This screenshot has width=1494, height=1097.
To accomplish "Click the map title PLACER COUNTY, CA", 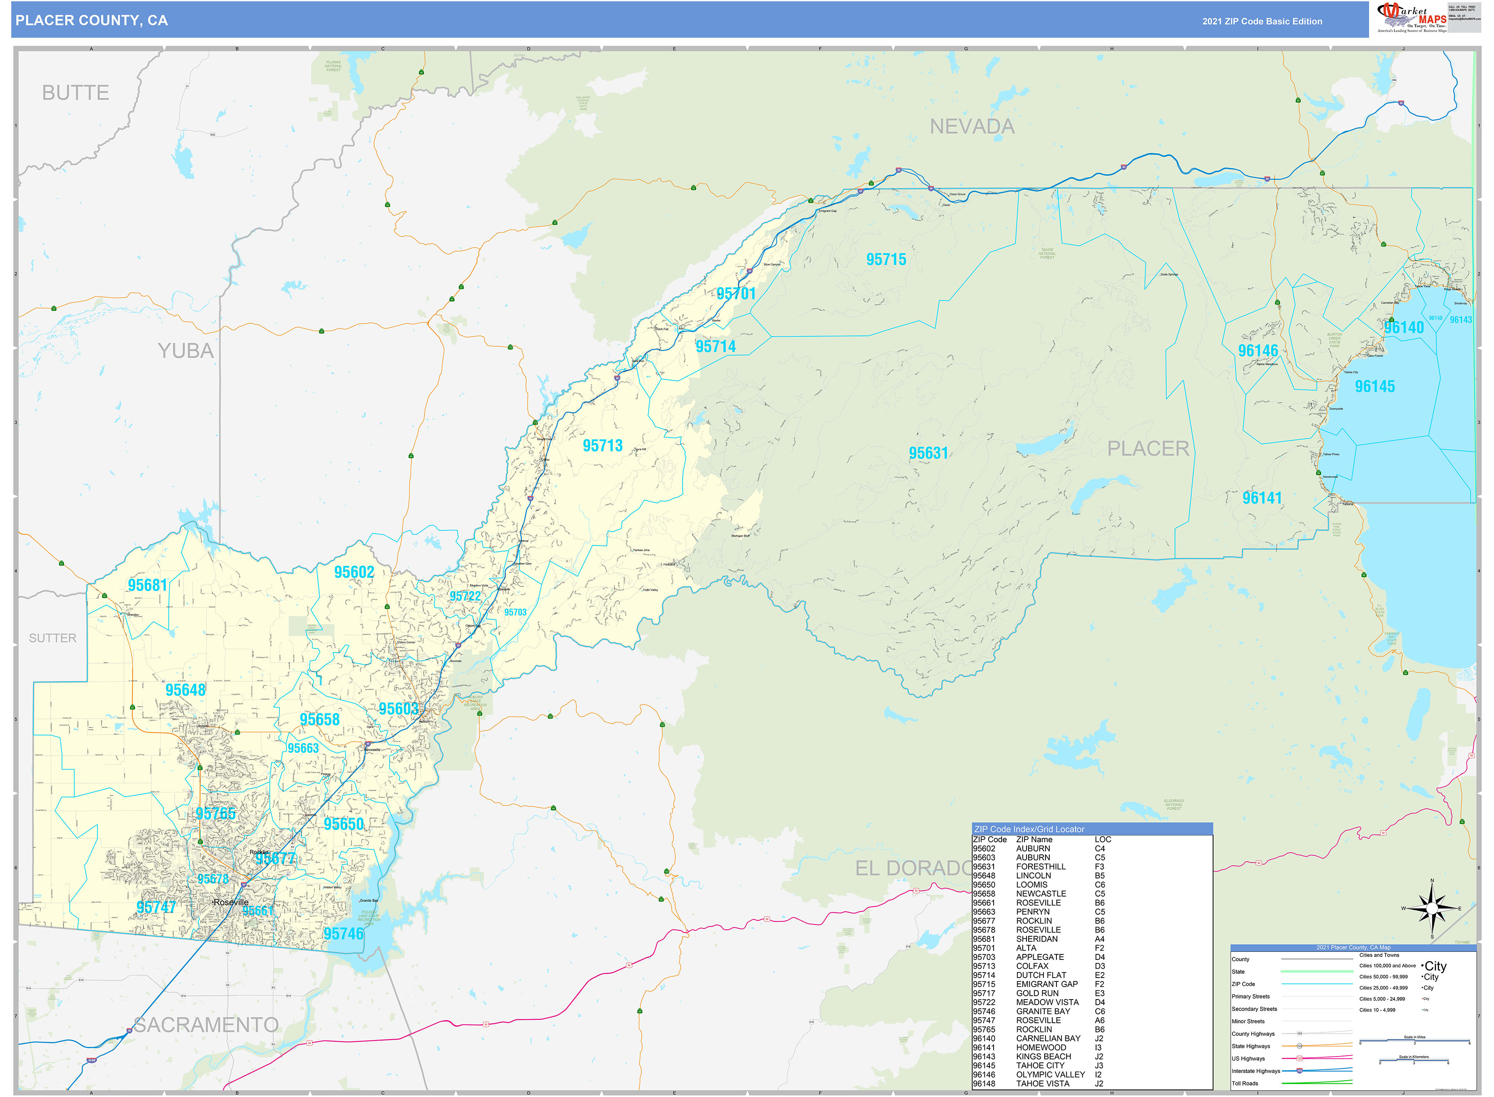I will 92,21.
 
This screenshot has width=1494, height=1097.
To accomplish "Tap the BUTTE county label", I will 76,93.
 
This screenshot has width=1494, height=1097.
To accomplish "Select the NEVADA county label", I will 971,126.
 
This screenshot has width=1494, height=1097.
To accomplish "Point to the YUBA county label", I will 186,351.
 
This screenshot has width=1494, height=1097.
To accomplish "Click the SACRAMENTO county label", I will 206,1024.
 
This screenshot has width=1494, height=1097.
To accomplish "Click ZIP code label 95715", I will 886,259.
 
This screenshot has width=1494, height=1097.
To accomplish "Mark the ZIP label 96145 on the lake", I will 1375,386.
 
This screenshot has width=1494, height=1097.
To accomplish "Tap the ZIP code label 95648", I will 185,690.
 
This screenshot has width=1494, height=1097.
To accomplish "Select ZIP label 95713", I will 602,446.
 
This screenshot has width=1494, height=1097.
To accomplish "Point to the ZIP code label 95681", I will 147,585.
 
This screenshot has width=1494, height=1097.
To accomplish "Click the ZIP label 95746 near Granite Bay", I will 343,934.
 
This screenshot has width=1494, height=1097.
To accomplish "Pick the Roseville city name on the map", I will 231,902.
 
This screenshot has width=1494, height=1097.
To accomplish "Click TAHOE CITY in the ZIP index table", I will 1040,1065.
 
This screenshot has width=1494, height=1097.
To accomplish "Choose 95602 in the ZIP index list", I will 983,848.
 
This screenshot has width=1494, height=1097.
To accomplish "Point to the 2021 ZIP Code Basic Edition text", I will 1262,21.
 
